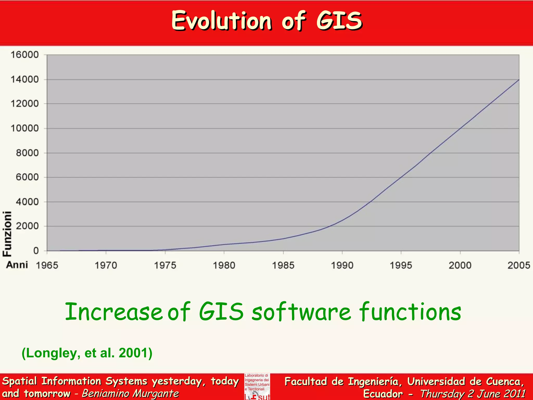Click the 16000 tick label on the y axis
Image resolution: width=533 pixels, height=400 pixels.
tap(24, 55)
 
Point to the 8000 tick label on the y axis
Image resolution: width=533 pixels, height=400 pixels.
tap(27, 153)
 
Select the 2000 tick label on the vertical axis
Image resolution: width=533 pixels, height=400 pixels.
tap(27, 226)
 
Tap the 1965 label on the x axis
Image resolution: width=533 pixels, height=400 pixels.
tap(47, 265)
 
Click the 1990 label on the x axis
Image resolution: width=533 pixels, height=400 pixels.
tap(342, 265)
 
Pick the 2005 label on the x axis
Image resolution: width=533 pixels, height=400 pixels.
tap(519, 265)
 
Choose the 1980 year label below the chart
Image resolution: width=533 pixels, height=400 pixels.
tap(224, 265)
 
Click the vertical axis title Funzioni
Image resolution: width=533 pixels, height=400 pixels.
tap(7, 234)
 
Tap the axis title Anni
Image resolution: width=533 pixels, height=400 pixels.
tap(17, 265)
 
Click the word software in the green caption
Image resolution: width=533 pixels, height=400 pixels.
tap(301, 312)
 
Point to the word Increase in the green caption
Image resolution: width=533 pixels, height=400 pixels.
tap(114, 312)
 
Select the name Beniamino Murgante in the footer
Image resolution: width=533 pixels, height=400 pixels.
tap(130, 393)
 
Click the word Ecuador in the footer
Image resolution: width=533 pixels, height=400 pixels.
tap(383, 394)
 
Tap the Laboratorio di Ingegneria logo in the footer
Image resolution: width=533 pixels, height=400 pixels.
tap(257, 386)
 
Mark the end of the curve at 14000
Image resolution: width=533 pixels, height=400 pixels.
tap(519, 80)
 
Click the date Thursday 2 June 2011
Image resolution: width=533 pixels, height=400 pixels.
tap(473, 394)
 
